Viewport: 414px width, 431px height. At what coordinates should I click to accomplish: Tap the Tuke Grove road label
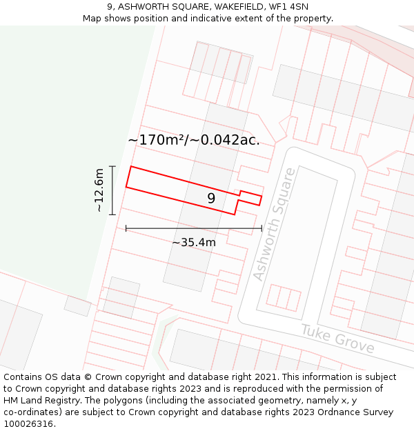[337, 339]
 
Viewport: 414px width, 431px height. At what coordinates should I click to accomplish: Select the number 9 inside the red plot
[211, 199]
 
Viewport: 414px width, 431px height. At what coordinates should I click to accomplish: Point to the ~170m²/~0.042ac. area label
[194, 140]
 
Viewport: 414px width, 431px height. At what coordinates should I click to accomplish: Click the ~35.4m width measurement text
[194, 242]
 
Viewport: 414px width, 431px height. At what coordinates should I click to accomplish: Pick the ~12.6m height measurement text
[99, 190]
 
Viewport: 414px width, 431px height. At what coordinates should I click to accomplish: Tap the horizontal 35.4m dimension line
[194, 228]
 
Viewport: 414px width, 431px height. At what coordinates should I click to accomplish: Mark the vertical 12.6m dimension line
[112, 190]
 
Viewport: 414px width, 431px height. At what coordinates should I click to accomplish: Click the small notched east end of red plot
[250, 198]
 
